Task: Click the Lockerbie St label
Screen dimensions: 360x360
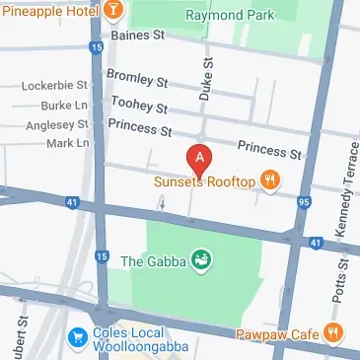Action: [54, 86]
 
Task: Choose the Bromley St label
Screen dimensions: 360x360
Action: [138, 77]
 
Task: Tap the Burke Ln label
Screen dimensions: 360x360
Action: [66, 106]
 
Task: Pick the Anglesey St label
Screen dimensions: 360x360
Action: [54, 124]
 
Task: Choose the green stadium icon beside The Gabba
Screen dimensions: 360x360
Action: [200, 260]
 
